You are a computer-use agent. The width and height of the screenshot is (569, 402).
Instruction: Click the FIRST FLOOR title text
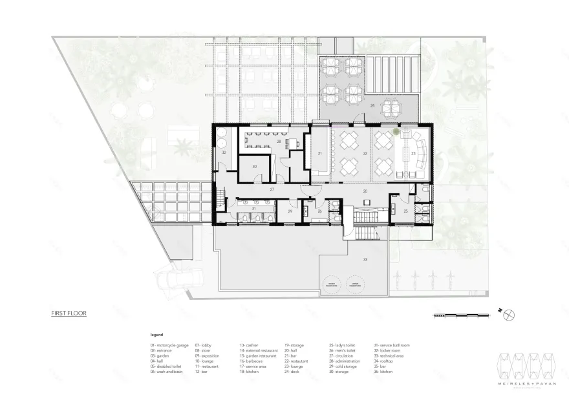[x=69, y=313]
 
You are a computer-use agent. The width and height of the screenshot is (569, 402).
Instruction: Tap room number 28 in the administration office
[x=279, y=140]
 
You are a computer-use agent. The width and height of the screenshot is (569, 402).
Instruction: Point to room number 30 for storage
[x=254, y=167]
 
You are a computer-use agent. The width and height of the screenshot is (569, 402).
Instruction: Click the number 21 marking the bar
[x=319, y=153]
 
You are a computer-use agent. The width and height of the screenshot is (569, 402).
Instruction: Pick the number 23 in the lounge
[x=413, y=153]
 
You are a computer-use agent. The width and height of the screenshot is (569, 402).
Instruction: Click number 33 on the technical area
[x=365, y=259]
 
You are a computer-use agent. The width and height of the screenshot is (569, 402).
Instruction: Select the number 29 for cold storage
[x=290, y=211]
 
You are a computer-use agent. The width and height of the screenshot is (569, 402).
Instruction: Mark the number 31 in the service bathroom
[x=253, y=208]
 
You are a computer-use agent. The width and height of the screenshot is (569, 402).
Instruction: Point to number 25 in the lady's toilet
[x=405, y=211]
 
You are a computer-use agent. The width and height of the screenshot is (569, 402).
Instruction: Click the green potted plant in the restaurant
[x=396, y=132]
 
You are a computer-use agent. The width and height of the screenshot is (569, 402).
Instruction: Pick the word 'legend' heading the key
[x=156, y=335]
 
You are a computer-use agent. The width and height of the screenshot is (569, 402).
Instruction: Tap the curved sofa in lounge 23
[x=421, y=154]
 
